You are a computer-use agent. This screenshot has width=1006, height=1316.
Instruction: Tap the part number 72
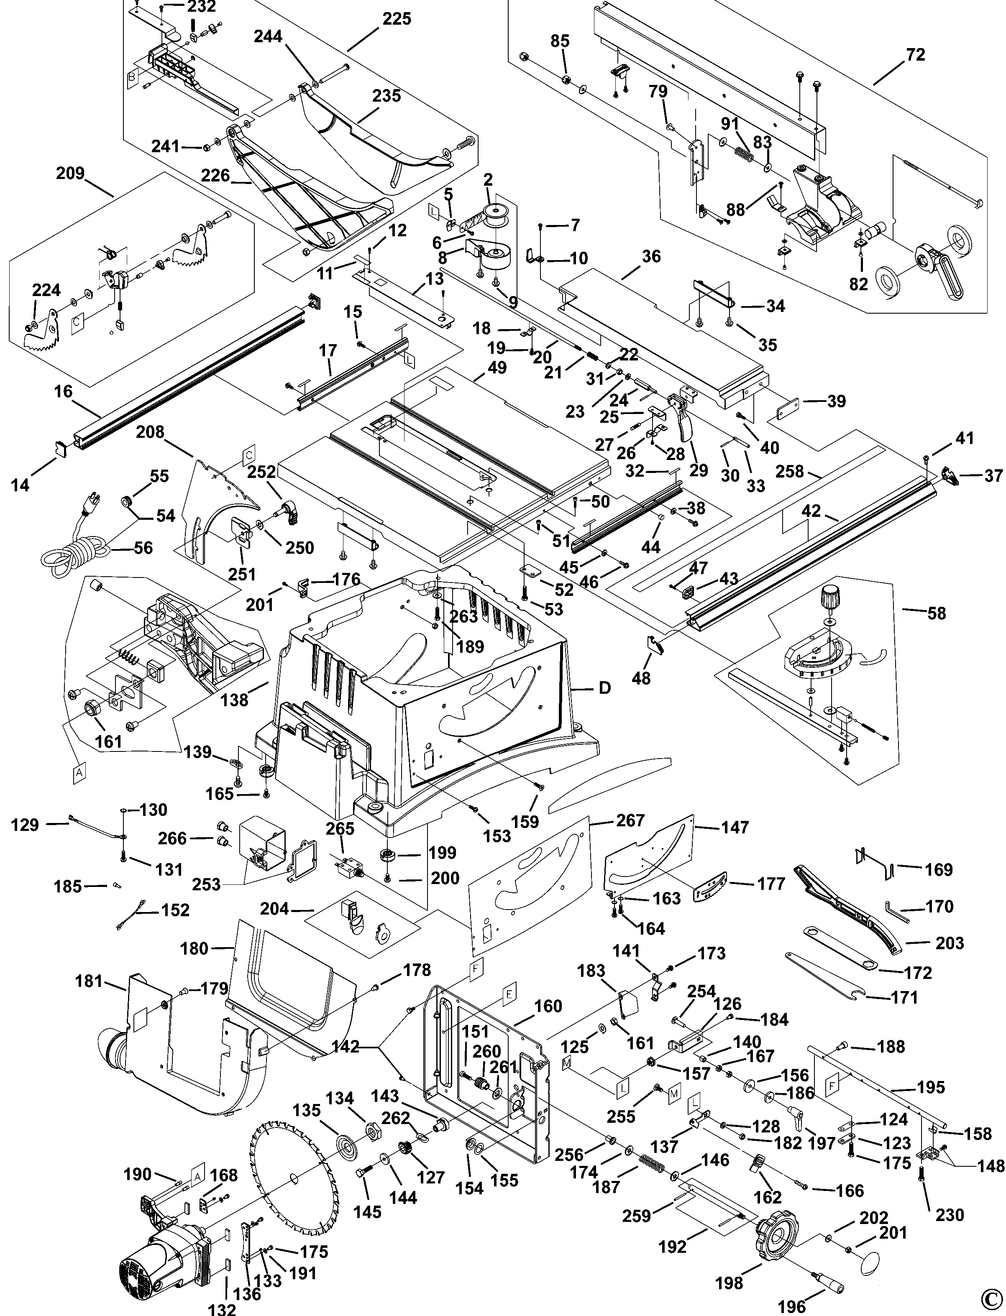coord(916,55)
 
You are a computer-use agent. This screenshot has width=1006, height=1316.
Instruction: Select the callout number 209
coord(70,174)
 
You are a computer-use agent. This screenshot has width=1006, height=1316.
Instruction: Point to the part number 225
coord(397,19)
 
